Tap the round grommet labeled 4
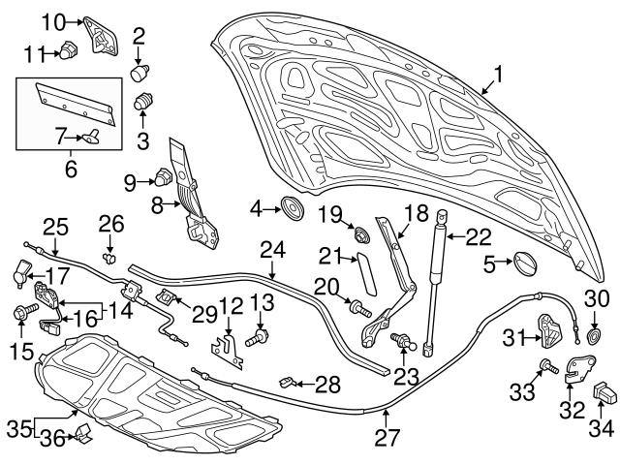coord(289,207)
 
